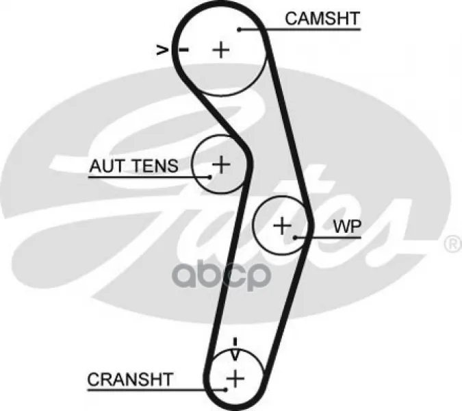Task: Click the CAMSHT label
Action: pos(322,18)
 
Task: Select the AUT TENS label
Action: pos(133,165)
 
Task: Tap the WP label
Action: pos(346,227)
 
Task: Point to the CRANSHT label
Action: pos(130,378)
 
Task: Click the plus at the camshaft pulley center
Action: pos(220,49)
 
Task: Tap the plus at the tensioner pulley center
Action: pos(220,164)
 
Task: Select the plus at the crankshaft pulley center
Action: pos(235,377)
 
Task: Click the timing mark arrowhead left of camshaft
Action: pos(162,49)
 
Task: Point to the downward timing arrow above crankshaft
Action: pos(235,353)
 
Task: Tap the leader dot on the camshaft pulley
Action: pos(240,29)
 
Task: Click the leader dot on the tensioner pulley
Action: pos(210,176)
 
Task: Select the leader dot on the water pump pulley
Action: pos(295,237)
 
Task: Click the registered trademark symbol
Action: pos(452,243)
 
